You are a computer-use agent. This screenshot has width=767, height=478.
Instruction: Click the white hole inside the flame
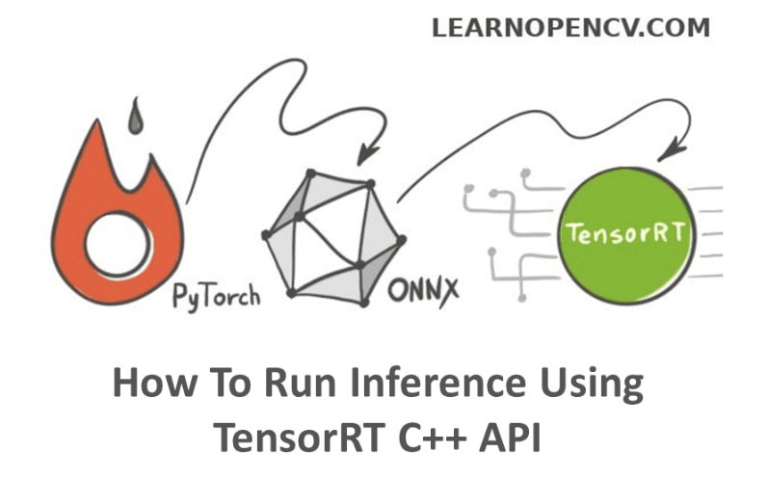pos(116,238)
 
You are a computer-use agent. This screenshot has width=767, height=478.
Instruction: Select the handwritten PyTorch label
pos(216,292)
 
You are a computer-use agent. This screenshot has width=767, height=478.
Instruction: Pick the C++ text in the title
pos(433,438)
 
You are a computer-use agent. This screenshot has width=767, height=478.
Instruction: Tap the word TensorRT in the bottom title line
pos(294,438)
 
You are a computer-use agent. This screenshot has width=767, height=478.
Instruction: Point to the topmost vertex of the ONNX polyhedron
pos(310,173)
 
